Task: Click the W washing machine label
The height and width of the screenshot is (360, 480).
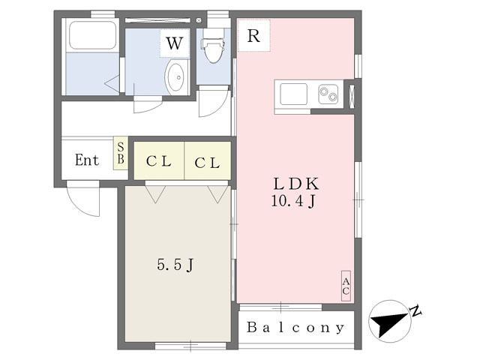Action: click(x=175, y=43)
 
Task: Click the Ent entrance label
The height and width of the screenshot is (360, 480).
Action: click(x=86, y=160)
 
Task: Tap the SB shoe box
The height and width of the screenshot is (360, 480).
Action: click(x=120, y=154)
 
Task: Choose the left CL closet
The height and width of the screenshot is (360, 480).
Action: click(x=159, y=162)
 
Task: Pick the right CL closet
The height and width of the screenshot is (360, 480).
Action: click(x=207, y=162)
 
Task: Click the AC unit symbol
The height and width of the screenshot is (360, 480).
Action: click(x=346, y=286)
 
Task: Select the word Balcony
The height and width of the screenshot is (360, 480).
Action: click(x=296, y=328)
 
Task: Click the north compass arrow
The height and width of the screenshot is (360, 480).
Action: click(x=389, y=322)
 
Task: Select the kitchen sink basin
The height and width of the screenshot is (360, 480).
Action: click(x=294, y=94)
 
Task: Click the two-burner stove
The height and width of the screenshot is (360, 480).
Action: click(x=328, y=94)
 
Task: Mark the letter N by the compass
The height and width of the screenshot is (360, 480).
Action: click(x=415, y=310)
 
